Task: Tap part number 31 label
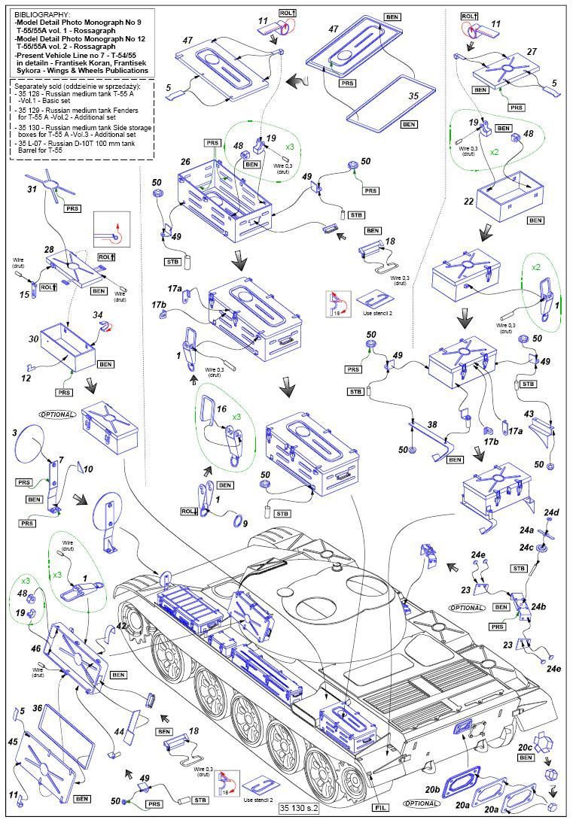(x=31, y=189)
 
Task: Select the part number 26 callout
(x=185, y=161)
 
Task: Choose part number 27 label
(x=532, y=51)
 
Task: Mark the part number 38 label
(x=431, y=424)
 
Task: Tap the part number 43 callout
(x=529, y=415)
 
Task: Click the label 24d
(x=554, y=513)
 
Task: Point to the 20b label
(x=432, y=789)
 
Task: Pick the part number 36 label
(x=37, y=708)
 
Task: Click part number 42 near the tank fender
(x=120, y=625)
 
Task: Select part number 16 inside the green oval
(x=221, y=408)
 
